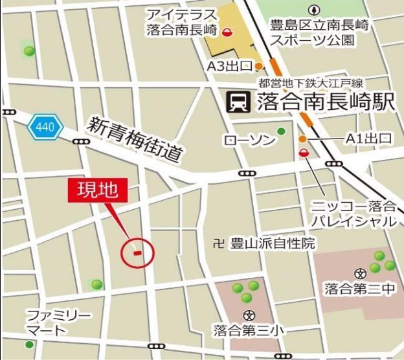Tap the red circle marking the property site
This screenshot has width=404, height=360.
click(x=137, y=252)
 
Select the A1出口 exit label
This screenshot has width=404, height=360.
click(x=368, y=138)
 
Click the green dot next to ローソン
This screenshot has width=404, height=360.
click(x=281, y=131)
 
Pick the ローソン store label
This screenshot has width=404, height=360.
click(x=248, y=140)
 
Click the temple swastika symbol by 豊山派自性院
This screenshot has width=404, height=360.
click(x=218, y=243)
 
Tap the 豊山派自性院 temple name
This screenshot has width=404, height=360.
click(x=272, y=243)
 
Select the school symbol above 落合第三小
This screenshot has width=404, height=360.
click(x=249, y=315)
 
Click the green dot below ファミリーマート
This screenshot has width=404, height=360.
click(x=29, y=344)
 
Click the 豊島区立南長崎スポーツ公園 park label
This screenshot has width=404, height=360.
click(x=312, y=33)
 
